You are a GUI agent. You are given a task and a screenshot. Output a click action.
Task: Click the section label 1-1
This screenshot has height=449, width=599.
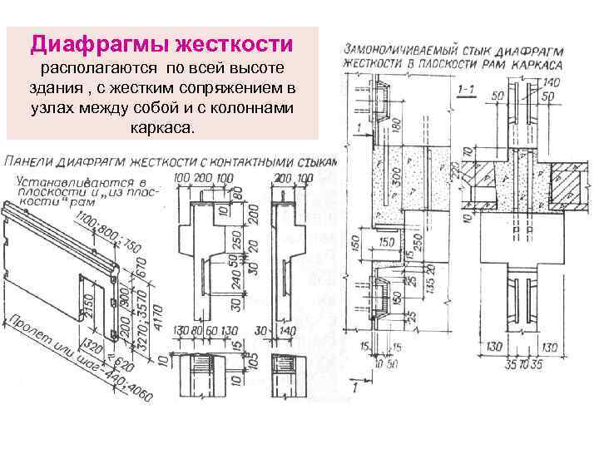[467, 88]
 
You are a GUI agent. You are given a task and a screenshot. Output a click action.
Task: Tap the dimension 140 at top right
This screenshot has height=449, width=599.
[551, 82]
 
